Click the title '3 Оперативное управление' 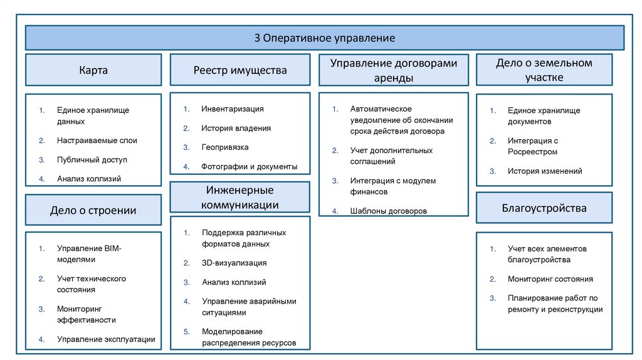point(324,38)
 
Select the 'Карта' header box point(93,70)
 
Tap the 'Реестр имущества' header point(240,70)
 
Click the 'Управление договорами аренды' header point(394,70)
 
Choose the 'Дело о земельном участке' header point(544,70)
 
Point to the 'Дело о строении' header point(93,210)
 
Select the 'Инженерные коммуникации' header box point(240,198)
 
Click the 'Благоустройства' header point(544,208)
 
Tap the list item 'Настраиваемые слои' point(97,140)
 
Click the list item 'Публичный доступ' point(92,160)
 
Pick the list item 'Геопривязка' point(225,147)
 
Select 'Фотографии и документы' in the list point(249,167)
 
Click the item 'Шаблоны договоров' point(389,211)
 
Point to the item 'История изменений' point(545,171)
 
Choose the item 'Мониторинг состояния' point(550,279)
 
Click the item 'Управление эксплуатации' point(106,339)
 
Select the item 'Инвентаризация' point(233,109)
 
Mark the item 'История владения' point(236,128)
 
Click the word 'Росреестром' point(532,152)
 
